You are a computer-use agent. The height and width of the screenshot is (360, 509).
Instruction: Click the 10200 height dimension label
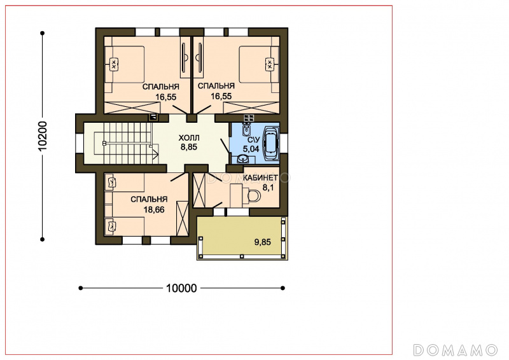click(43, 136)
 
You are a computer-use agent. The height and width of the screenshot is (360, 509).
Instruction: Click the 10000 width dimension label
click(181, 288)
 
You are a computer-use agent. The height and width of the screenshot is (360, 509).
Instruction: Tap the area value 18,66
click(154, 210)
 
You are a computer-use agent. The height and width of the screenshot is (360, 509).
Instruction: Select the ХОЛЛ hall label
click(189, 138)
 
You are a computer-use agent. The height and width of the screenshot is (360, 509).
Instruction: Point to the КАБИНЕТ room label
click(261, 178)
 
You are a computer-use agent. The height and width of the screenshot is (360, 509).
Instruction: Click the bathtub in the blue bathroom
click(271, 143)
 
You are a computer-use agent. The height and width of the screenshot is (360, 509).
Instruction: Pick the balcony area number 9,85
click(263, 242)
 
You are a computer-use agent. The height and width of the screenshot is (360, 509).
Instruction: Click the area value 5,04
click(251, 149)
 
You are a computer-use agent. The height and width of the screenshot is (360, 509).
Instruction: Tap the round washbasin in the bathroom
click(243, 159)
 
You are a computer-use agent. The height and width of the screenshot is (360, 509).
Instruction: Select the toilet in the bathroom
click(246, 130)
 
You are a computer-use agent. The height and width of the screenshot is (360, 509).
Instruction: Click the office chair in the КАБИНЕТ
click(253, 196)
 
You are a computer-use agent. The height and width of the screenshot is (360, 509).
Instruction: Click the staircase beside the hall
click(123, 143)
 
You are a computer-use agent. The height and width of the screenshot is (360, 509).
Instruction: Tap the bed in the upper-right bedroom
click(259, 64)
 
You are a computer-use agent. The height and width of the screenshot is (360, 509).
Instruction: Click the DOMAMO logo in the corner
click(455, 350)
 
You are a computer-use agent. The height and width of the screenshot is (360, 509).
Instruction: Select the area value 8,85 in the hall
click(189, 147)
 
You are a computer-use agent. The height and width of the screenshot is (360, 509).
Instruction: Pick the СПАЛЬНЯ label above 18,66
click(149, 199)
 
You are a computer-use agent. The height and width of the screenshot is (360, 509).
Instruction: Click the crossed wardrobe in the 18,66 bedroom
click(182, 218)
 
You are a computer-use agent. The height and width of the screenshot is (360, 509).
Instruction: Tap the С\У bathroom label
click(253, 140)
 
